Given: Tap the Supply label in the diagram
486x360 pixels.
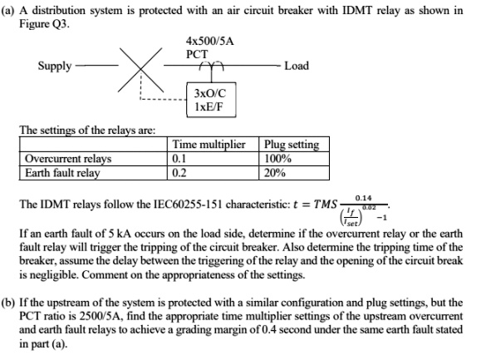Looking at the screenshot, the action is (x=55, y=65).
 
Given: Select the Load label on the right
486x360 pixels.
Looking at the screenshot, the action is (x=296, y=65).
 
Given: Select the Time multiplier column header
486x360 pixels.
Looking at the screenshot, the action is (x=208, y=145).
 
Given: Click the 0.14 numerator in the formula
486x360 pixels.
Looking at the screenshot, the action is (x=363, y=196).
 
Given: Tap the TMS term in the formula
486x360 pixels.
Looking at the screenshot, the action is (x=319, y=205).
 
